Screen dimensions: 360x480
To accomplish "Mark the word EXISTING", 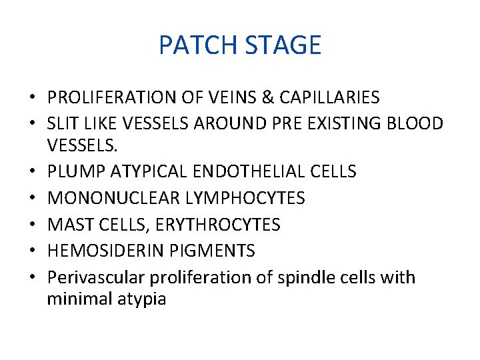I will coord(341,124).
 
